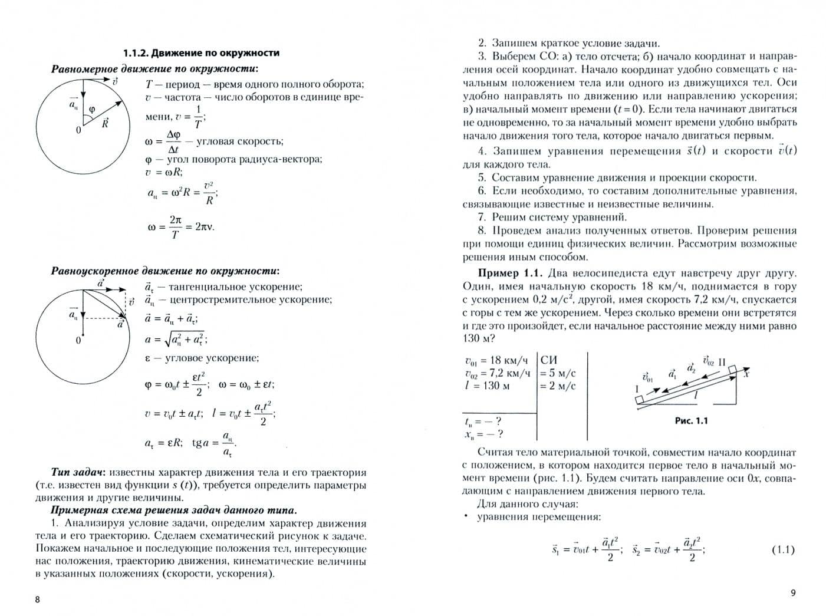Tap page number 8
[38, 599]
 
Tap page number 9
[792, 593]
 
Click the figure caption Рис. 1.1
[690, 421]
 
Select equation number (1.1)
[783, 550]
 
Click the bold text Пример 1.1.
[509, 274]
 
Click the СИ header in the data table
[549, 360]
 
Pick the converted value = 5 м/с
[558, 373]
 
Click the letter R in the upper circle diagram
[105, 124]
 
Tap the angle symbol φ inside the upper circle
[92, 109]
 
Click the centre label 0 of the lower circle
[78, 341]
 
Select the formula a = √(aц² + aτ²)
[176, 339]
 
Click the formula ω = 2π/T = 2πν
[180, 227]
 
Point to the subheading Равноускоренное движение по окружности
[165, 271]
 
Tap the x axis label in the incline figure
[746, 373]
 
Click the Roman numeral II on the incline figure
[722, 362]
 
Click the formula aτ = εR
[164, 443]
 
